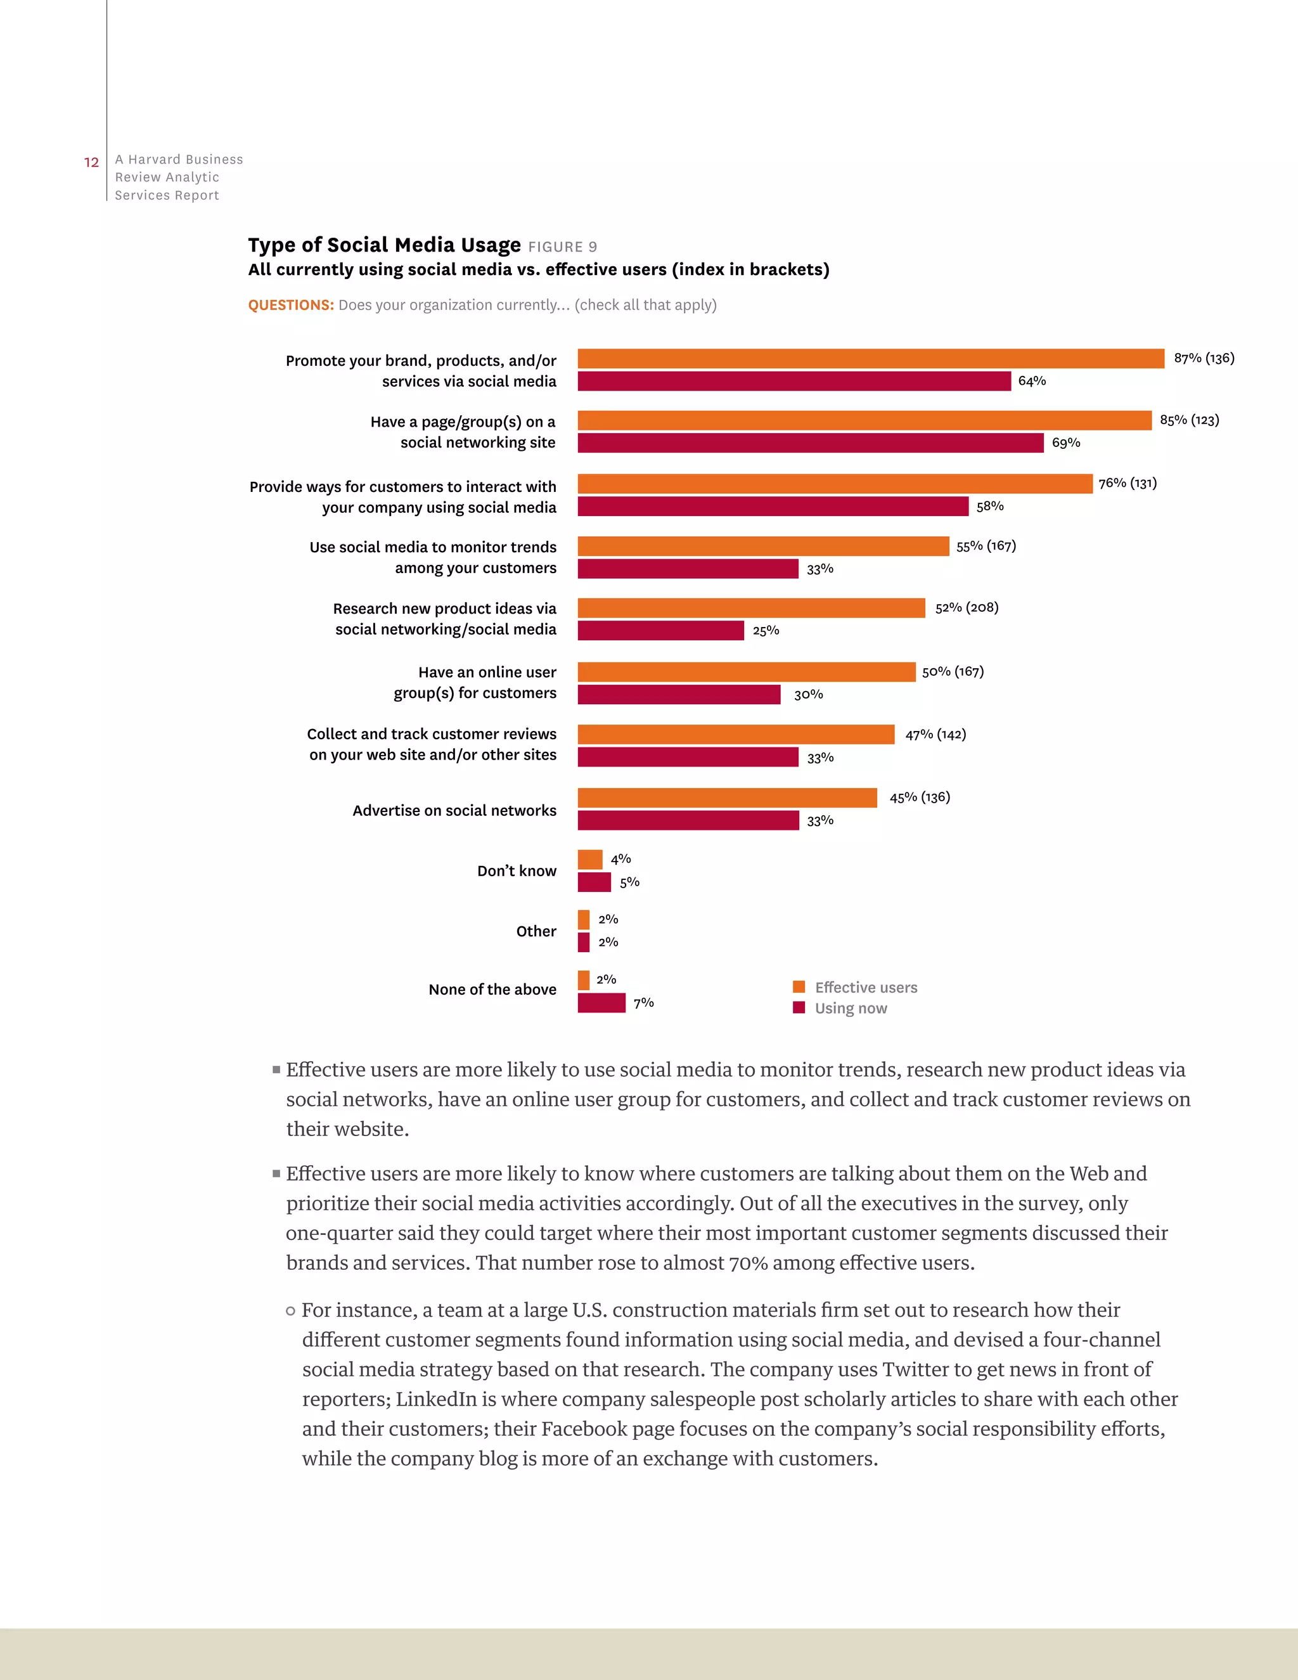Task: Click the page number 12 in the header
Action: (91, 162)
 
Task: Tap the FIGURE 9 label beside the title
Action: (562, 247)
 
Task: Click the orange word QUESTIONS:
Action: (291, 306)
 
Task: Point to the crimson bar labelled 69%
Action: (811, 443)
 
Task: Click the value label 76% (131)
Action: (1128, 483)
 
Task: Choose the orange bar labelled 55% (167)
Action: (763, 546)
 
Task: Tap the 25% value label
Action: (766, 631)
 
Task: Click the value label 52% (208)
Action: (967, 608)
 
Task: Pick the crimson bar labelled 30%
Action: (679, 695)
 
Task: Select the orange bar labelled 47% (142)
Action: (736, 735)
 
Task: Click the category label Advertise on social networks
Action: (454, 811)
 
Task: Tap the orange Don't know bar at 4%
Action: (590, 859)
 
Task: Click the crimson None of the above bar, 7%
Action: (601, 1003)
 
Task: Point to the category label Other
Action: (536, 931)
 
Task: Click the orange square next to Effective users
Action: (799, 987)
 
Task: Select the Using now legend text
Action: (851, 1009)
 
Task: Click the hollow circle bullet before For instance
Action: (291, 1311)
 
